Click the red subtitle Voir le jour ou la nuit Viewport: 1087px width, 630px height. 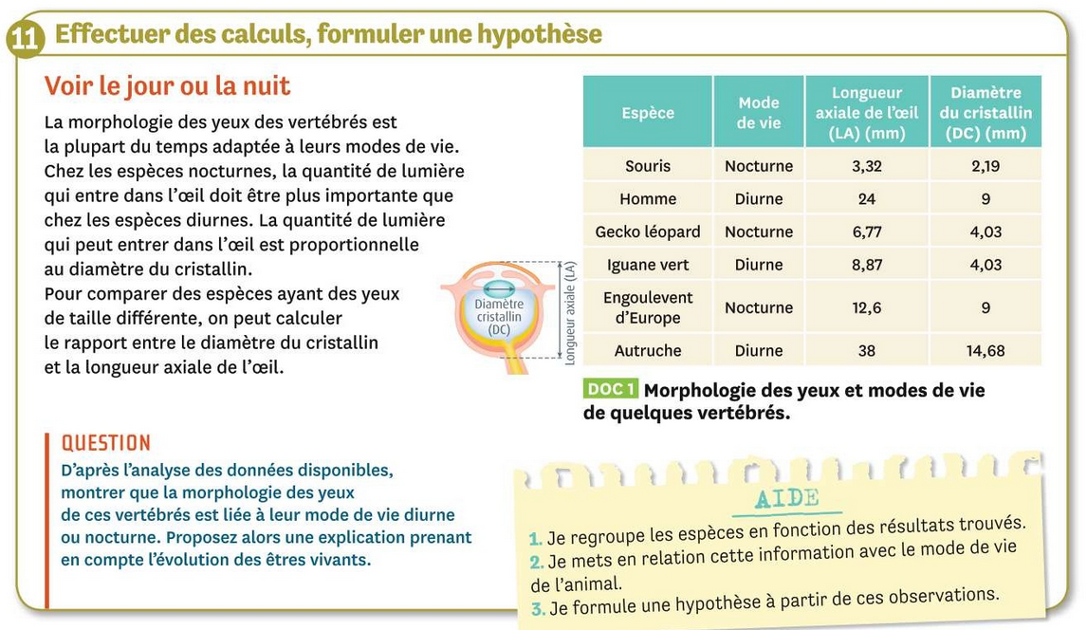tap(167, 86)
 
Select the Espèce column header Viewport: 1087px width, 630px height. tap(648, 113)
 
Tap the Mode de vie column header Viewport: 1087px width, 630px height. tap(758, 113)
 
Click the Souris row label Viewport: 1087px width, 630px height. tap(648, 166)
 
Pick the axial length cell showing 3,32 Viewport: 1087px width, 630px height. tap(866, 166)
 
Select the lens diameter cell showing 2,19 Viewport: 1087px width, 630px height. tap(986, 166)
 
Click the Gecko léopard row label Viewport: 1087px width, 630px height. tap(648, 232)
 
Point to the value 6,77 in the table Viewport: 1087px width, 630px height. tap(866, 232)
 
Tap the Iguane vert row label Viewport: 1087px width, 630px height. tap(648, 265)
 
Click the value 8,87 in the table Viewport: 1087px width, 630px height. tap(866, 265)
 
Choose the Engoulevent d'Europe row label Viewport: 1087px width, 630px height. tap(648, 307)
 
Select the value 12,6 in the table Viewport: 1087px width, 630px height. tap(866, 307)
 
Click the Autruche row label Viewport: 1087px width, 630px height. tap(648, 350)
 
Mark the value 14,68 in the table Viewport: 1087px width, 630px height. tap(986, 350)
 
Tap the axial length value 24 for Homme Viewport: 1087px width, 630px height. tap(866, 199)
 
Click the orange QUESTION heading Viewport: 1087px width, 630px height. tap(106, 443)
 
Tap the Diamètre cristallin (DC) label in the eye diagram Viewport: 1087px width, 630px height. tap(499, 316)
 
